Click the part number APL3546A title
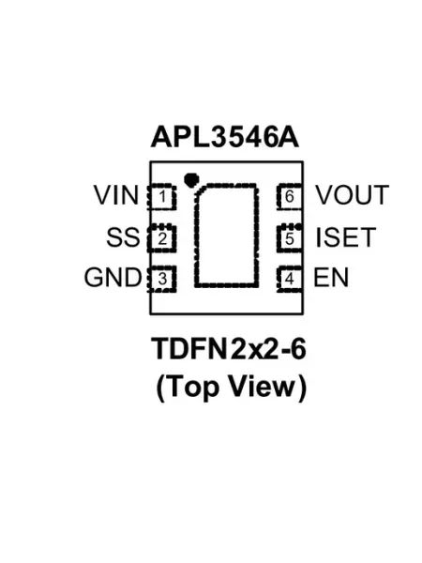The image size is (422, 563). point(225,137)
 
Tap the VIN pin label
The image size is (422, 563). point(116,195)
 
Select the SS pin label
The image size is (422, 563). point(123,237)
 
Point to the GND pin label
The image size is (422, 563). point(113,278)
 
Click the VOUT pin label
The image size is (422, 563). point(353,195)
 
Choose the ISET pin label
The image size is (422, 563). point(346,237)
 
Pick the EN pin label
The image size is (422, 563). point(331,278)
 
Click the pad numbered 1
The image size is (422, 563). point(161,196)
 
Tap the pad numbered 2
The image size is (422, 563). point(161,237)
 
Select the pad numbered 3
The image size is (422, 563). point(161,279)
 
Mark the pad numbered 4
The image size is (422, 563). point(290,279)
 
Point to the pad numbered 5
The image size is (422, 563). point(290,237)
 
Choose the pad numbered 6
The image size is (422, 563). point(290,196)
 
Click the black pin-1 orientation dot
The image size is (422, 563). point(190,179)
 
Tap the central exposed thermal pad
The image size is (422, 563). point(226,236)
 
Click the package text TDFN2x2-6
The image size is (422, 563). point(229,349)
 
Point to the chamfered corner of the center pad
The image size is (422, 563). point(201,190)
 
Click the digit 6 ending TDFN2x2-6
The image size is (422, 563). point(298,349)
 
